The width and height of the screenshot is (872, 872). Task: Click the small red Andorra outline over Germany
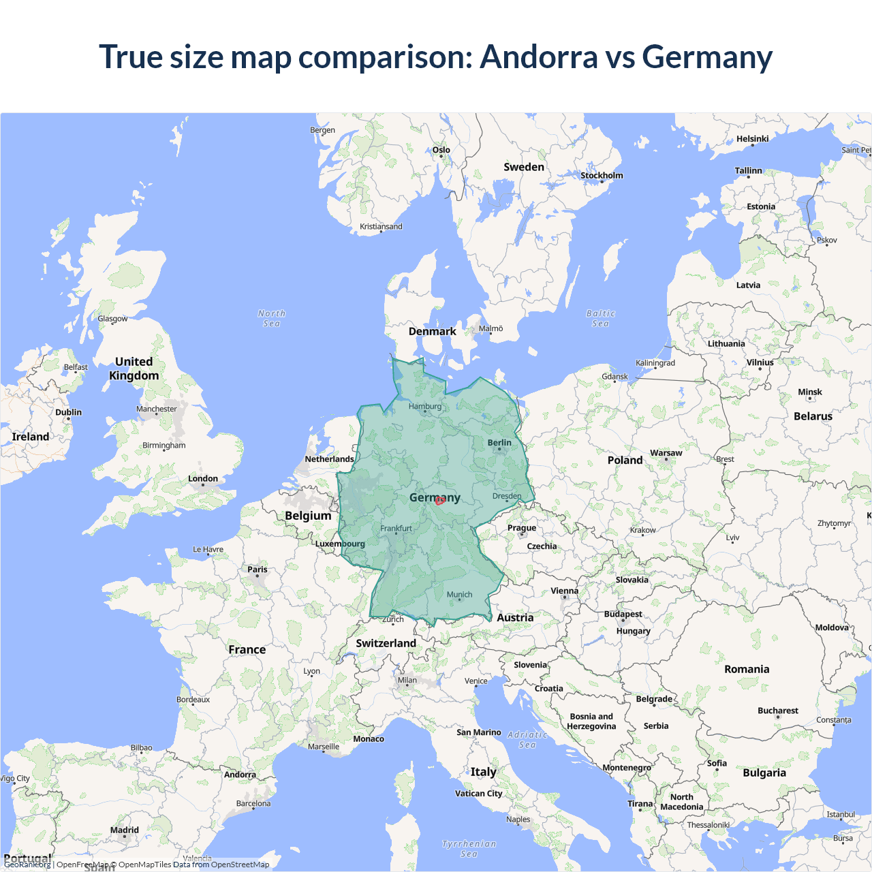[440, 501]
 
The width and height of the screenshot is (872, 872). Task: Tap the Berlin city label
[499, 443]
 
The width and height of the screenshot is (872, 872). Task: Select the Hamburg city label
[425, 407]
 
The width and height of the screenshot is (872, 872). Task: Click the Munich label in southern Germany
[459, 595]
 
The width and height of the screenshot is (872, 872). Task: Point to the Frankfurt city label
[396, 529]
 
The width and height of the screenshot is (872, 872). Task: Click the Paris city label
[258, 570]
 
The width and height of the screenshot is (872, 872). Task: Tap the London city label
[203, 479]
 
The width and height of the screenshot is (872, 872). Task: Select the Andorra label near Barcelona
[240, 775]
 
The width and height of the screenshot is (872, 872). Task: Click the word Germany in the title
[707, 57]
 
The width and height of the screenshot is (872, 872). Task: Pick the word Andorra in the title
[539, 57]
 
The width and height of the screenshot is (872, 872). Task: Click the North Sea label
[272, 318]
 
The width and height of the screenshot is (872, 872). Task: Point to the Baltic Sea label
[600, 318]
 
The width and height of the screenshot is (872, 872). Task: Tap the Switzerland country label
[386, 643]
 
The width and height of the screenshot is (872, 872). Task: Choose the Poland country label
[625, 461]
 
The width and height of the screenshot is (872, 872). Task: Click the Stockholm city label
[602, 176]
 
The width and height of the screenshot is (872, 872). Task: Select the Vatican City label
[478, 794]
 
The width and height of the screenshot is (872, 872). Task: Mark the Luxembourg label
[340, 544]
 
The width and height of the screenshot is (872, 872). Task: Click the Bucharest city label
[777, 711]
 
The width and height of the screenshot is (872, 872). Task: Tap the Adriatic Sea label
[527, 739]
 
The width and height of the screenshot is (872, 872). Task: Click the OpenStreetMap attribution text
[240, 865]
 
